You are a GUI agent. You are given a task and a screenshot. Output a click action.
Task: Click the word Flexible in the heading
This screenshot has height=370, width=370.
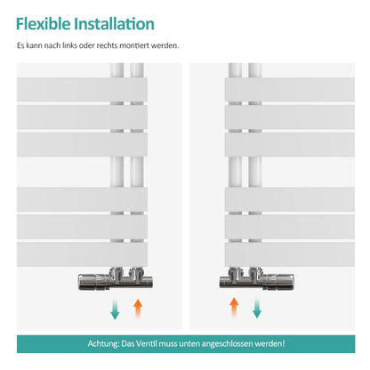coord(44,24)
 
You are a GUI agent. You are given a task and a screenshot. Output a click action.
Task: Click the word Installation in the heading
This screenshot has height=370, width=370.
coord(115,24)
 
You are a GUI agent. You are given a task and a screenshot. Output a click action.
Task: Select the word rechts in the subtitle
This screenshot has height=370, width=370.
coord(107,45)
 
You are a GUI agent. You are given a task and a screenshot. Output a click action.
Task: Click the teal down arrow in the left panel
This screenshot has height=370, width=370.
coord(115,310)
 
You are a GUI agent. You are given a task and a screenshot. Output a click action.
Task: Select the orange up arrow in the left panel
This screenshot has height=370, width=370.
coord(138,309)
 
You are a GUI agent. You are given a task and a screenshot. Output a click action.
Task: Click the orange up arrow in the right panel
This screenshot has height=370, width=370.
coord(234,308)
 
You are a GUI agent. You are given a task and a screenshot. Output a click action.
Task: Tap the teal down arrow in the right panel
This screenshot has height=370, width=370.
coord(257,309)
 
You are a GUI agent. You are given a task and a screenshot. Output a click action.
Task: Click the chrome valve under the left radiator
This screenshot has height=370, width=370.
coord(116,278)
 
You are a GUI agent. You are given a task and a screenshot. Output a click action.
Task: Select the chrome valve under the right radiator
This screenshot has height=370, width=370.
coord(257,278)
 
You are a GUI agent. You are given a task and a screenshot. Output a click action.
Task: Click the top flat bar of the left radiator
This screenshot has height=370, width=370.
coord(82,90)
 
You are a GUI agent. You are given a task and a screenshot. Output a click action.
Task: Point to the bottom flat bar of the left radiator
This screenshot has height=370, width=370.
coord(82,254)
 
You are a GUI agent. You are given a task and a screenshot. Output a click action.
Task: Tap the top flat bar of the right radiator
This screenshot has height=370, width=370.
coord(290,90)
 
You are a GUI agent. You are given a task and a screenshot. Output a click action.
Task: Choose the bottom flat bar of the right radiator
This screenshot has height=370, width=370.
coord(290,254)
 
